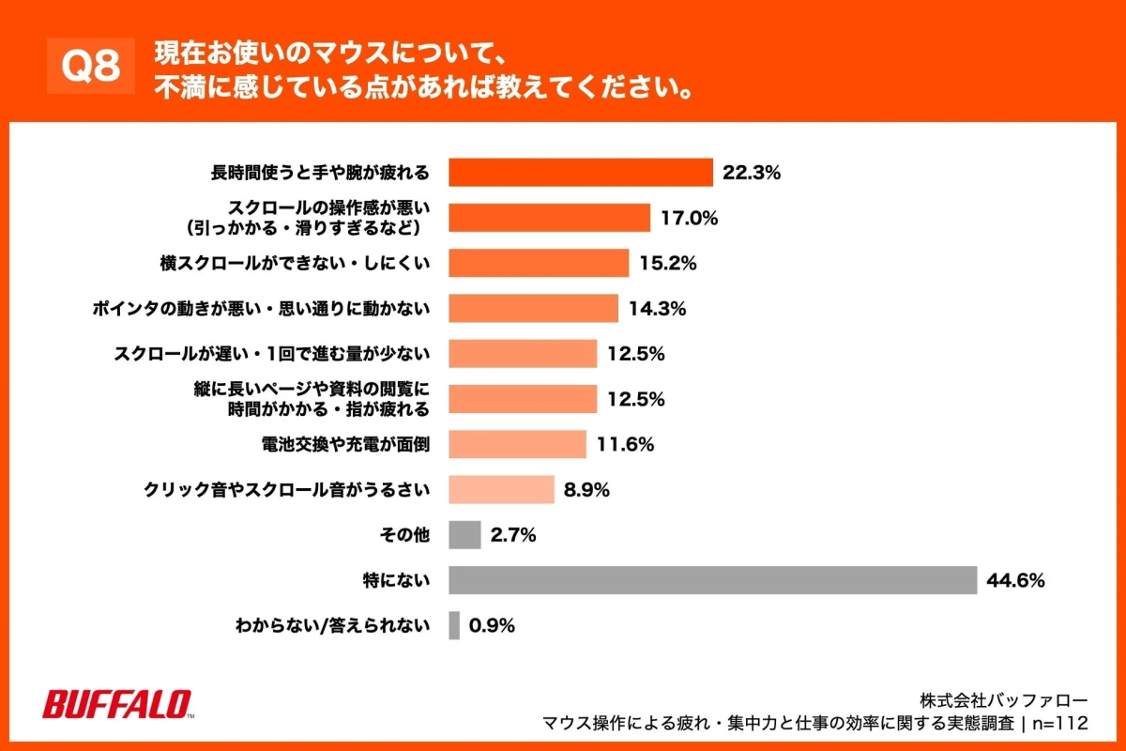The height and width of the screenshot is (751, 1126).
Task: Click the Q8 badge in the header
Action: tap(91, 67)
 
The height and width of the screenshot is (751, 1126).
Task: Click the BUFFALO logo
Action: tap(118, 705)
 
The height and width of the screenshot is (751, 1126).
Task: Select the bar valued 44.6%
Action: tap(712, 580)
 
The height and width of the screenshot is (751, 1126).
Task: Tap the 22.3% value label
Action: tap(753, 173)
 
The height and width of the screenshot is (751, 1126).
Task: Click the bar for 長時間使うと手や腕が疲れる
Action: tap(581, 173)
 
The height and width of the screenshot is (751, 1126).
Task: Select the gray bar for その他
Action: tap(464, 535)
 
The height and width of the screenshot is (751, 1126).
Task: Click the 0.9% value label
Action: tap(493, 626)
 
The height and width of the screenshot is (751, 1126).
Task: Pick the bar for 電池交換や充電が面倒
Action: tap(517, 444)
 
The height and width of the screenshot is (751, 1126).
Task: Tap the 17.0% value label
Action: tap(689, 218)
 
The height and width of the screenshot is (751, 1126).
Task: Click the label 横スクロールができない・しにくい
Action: tap(295, 264)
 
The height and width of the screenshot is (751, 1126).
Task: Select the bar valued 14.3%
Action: tap(533, 308)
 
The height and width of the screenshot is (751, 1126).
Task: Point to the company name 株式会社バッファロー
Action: tap(1003, 700)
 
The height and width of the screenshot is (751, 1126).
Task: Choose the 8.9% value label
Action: tap(587, 490)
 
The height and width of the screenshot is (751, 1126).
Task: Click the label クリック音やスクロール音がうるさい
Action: tap(286, 490)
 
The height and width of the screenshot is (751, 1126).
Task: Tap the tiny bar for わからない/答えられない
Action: tap(454, 626)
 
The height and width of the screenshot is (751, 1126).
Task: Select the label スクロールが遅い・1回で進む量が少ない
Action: tap(271, 354)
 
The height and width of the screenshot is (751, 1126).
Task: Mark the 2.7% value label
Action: tap(513, 535)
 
